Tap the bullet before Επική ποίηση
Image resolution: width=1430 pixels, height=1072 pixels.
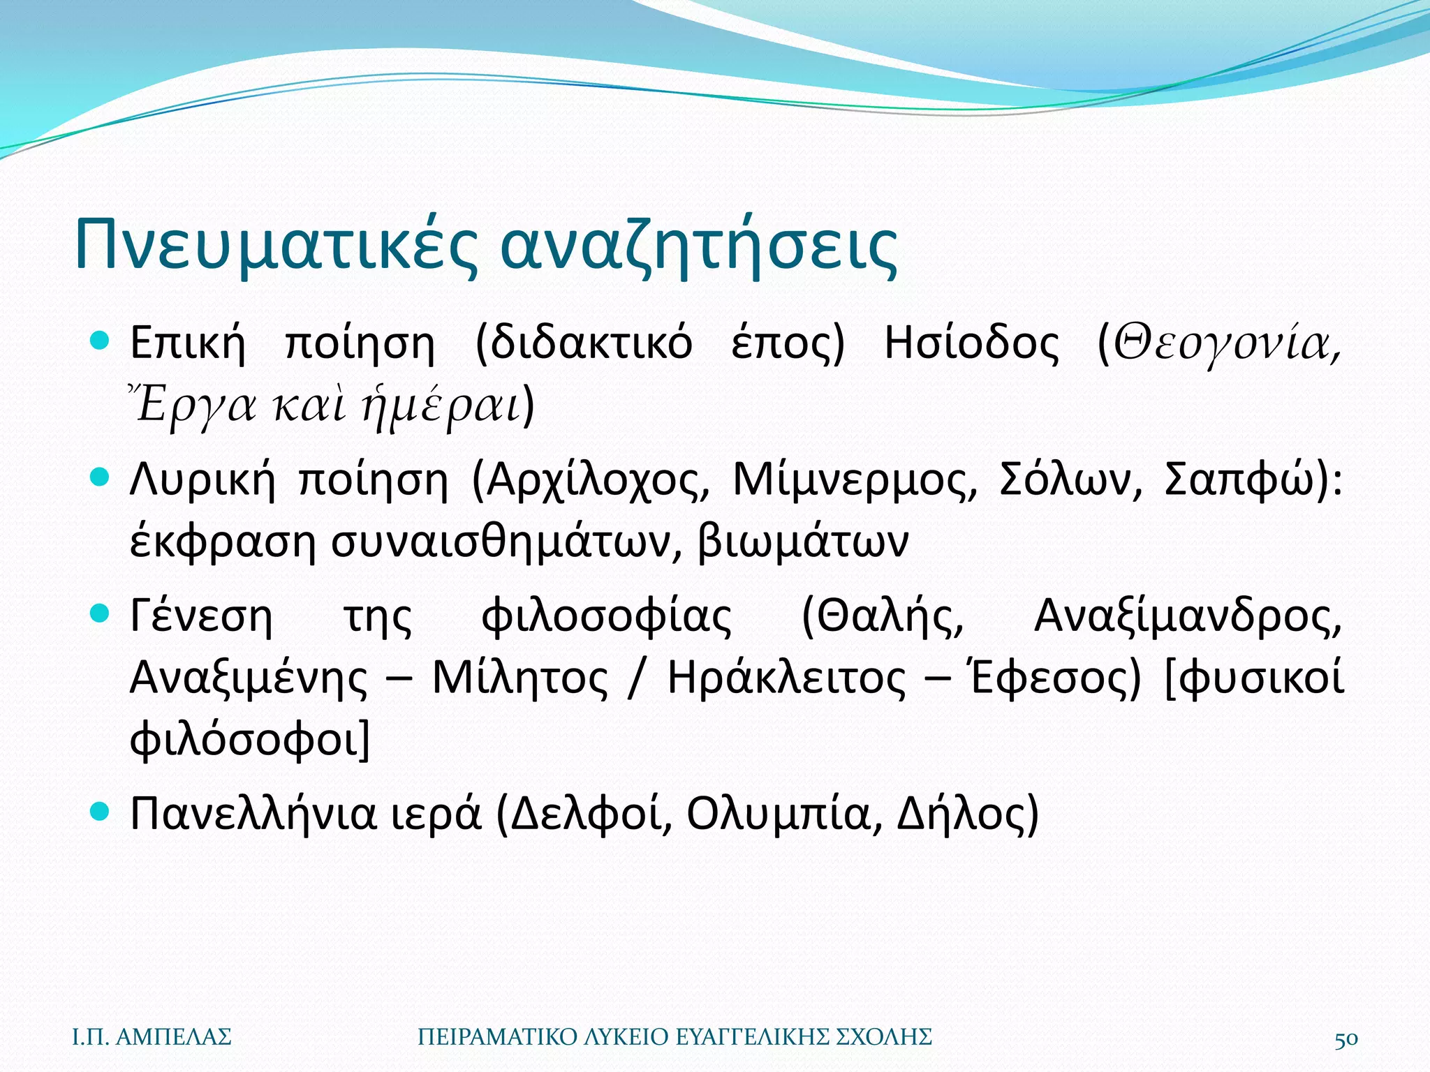pos(101,342)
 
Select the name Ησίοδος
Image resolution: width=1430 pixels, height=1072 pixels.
pos(971,344)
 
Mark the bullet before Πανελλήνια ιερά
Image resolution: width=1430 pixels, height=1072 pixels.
pos(101,811)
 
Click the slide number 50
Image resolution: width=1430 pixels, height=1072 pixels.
pos(1346,1038)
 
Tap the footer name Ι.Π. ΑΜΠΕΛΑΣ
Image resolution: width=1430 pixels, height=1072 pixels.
pos(152,1037)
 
